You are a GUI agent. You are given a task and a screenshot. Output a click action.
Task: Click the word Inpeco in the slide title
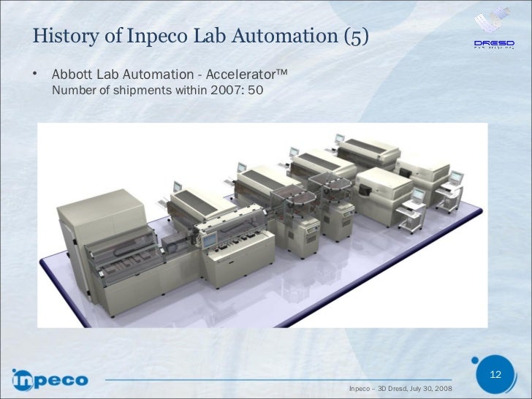(152, 36)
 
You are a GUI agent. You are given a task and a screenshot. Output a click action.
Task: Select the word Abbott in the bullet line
(72, 76)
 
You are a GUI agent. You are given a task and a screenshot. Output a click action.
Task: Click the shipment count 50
(256, 92)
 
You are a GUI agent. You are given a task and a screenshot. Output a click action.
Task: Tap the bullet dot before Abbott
(34, 75)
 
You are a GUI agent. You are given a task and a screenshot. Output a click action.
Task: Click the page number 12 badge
(495, 375)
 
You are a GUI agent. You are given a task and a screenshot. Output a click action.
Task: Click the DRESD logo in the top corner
(492, 29)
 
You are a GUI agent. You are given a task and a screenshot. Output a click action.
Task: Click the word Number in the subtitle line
(72, 92)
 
